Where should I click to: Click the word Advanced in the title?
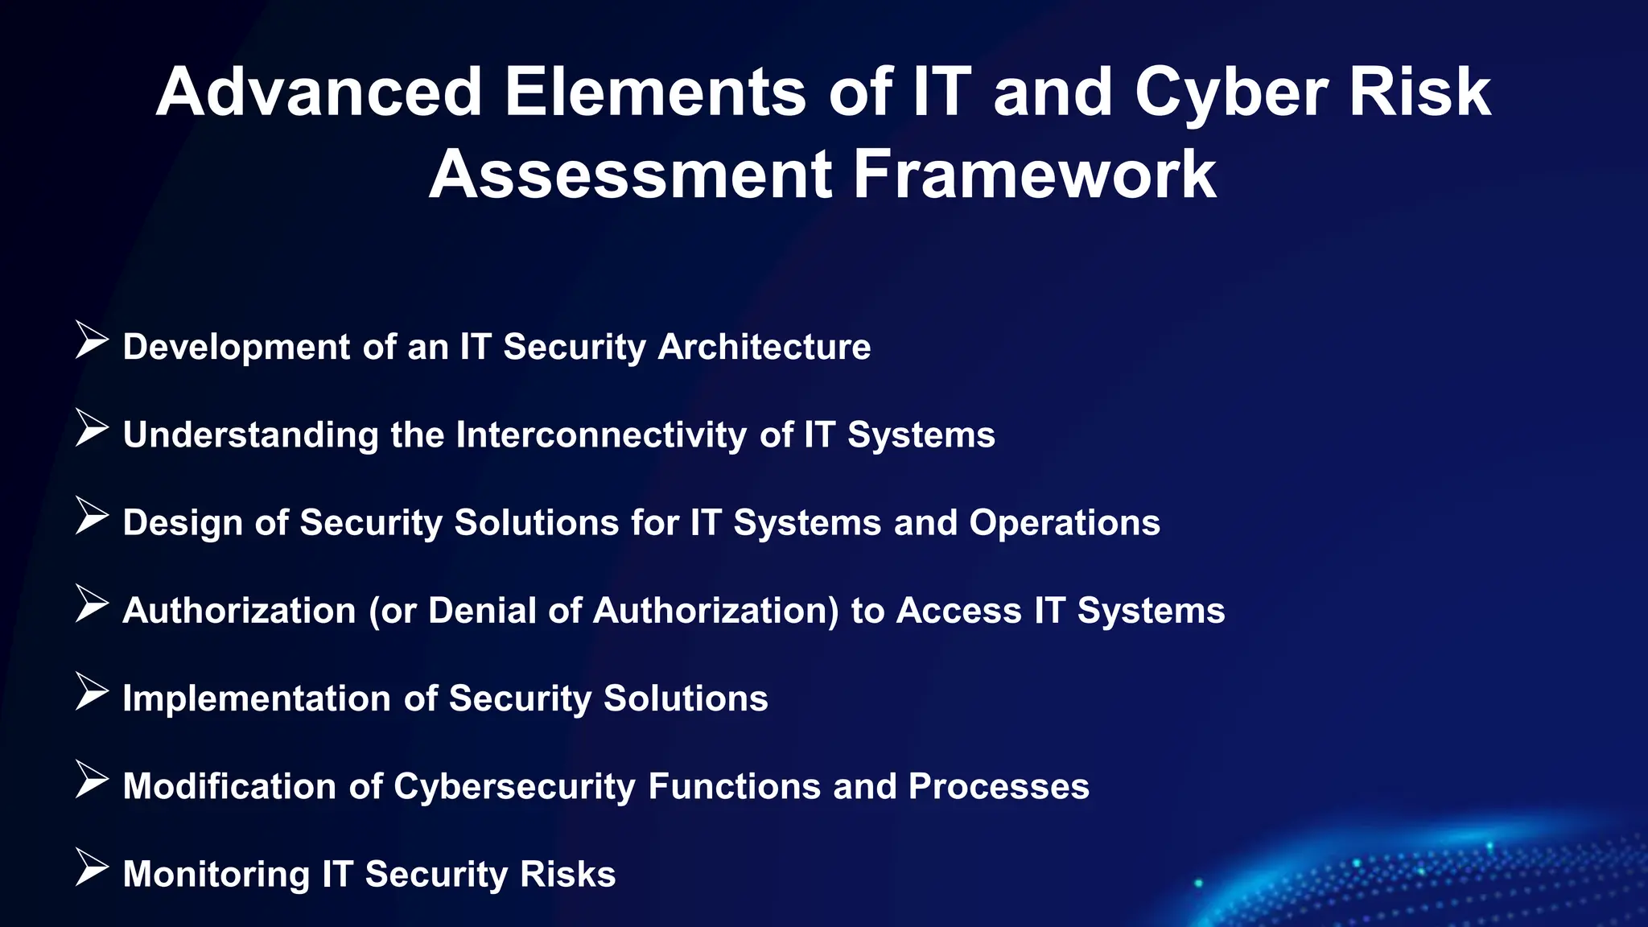pyautogui.click(x=319, y=93)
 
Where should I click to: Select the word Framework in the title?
pyautogui.click(x=1034, y=175)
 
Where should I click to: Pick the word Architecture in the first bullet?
pyautogui.click(x=764, y=347)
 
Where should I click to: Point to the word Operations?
pyautogui.click(x=1064, y=523)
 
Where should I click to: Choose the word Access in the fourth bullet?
pyautogui.click(x=958, y=610)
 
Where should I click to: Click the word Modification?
pyautogui.click(x=229, y=786)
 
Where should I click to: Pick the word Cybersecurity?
pyautogui.click(x=514, y=787)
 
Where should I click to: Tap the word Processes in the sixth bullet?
pyautogui.click(x=998, y=786)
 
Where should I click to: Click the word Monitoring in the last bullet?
pyautogui.click(x=216, y=875)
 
